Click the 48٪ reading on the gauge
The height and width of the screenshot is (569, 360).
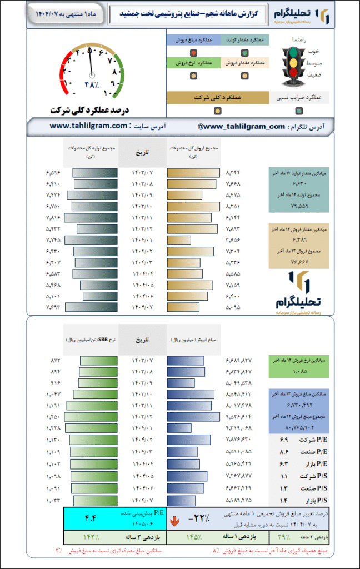click(x=91, y=84)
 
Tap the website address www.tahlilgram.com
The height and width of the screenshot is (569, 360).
click(x=89, y=126)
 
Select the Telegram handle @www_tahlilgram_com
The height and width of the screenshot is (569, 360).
click(x=241, y=127)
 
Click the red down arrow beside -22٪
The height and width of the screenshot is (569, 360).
click(x=174, y=521)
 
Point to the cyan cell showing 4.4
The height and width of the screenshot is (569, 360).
click(x=91, y=518)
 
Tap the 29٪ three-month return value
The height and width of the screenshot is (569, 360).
click(x=282, y=537)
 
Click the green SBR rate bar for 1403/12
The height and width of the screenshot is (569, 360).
click(x=91, y=416)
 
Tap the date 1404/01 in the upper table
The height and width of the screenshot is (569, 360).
click(x=143, y=240)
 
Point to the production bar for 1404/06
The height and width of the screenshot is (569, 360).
click(x=100, y=296)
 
